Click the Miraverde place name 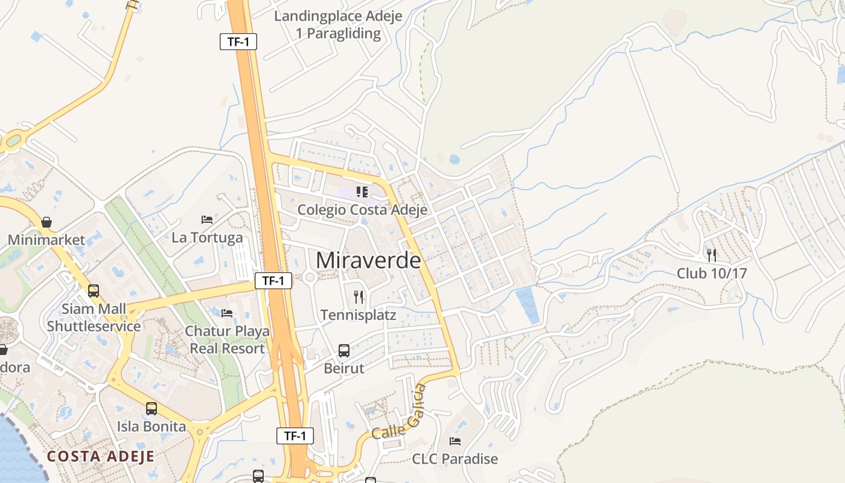tap(368, 260)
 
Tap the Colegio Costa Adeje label tap(362, 210)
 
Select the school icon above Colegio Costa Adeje tap(362, 192)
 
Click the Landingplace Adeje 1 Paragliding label tap(338, 25)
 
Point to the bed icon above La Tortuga tap(207, 220)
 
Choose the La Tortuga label tap(207, 238)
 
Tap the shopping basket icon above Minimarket tap(46, 222)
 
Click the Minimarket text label tap(46, 240)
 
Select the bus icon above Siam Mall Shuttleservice tap(94, 291)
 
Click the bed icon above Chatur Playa tap(227, 313)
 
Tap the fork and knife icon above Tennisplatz tap(359, 296)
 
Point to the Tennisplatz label tap(359, 315)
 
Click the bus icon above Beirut tap(344, 351)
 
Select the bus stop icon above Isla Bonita tap(151, 409)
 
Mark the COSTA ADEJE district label tap(101, 456)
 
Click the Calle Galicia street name tap(399, 413)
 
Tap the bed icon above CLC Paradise tap(455, 441)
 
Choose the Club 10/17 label tap(712, 273)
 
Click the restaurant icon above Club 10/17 tap(712, 255)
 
